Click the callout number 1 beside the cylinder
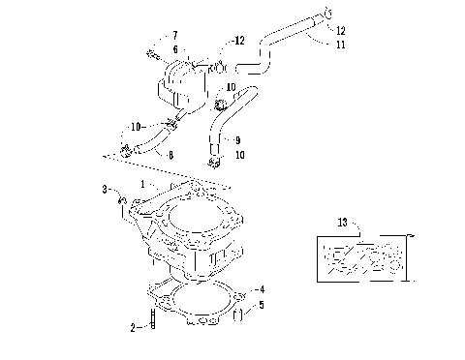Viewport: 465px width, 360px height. tap(141, 183)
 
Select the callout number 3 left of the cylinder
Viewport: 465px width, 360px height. tap(104, 189)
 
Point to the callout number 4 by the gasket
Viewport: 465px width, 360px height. tap(260, 289)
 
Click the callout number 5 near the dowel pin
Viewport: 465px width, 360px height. tap(260, 305)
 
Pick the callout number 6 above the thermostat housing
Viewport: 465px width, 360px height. tap(175, 48)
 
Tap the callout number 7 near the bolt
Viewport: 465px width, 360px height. tap(175, 35)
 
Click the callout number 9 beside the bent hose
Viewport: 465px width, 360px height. tap(237, 139)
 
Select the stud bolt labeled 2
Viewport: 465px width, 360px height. tap(152, 319)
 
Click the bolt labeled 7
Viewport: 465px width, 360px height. tap(154, 52)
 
